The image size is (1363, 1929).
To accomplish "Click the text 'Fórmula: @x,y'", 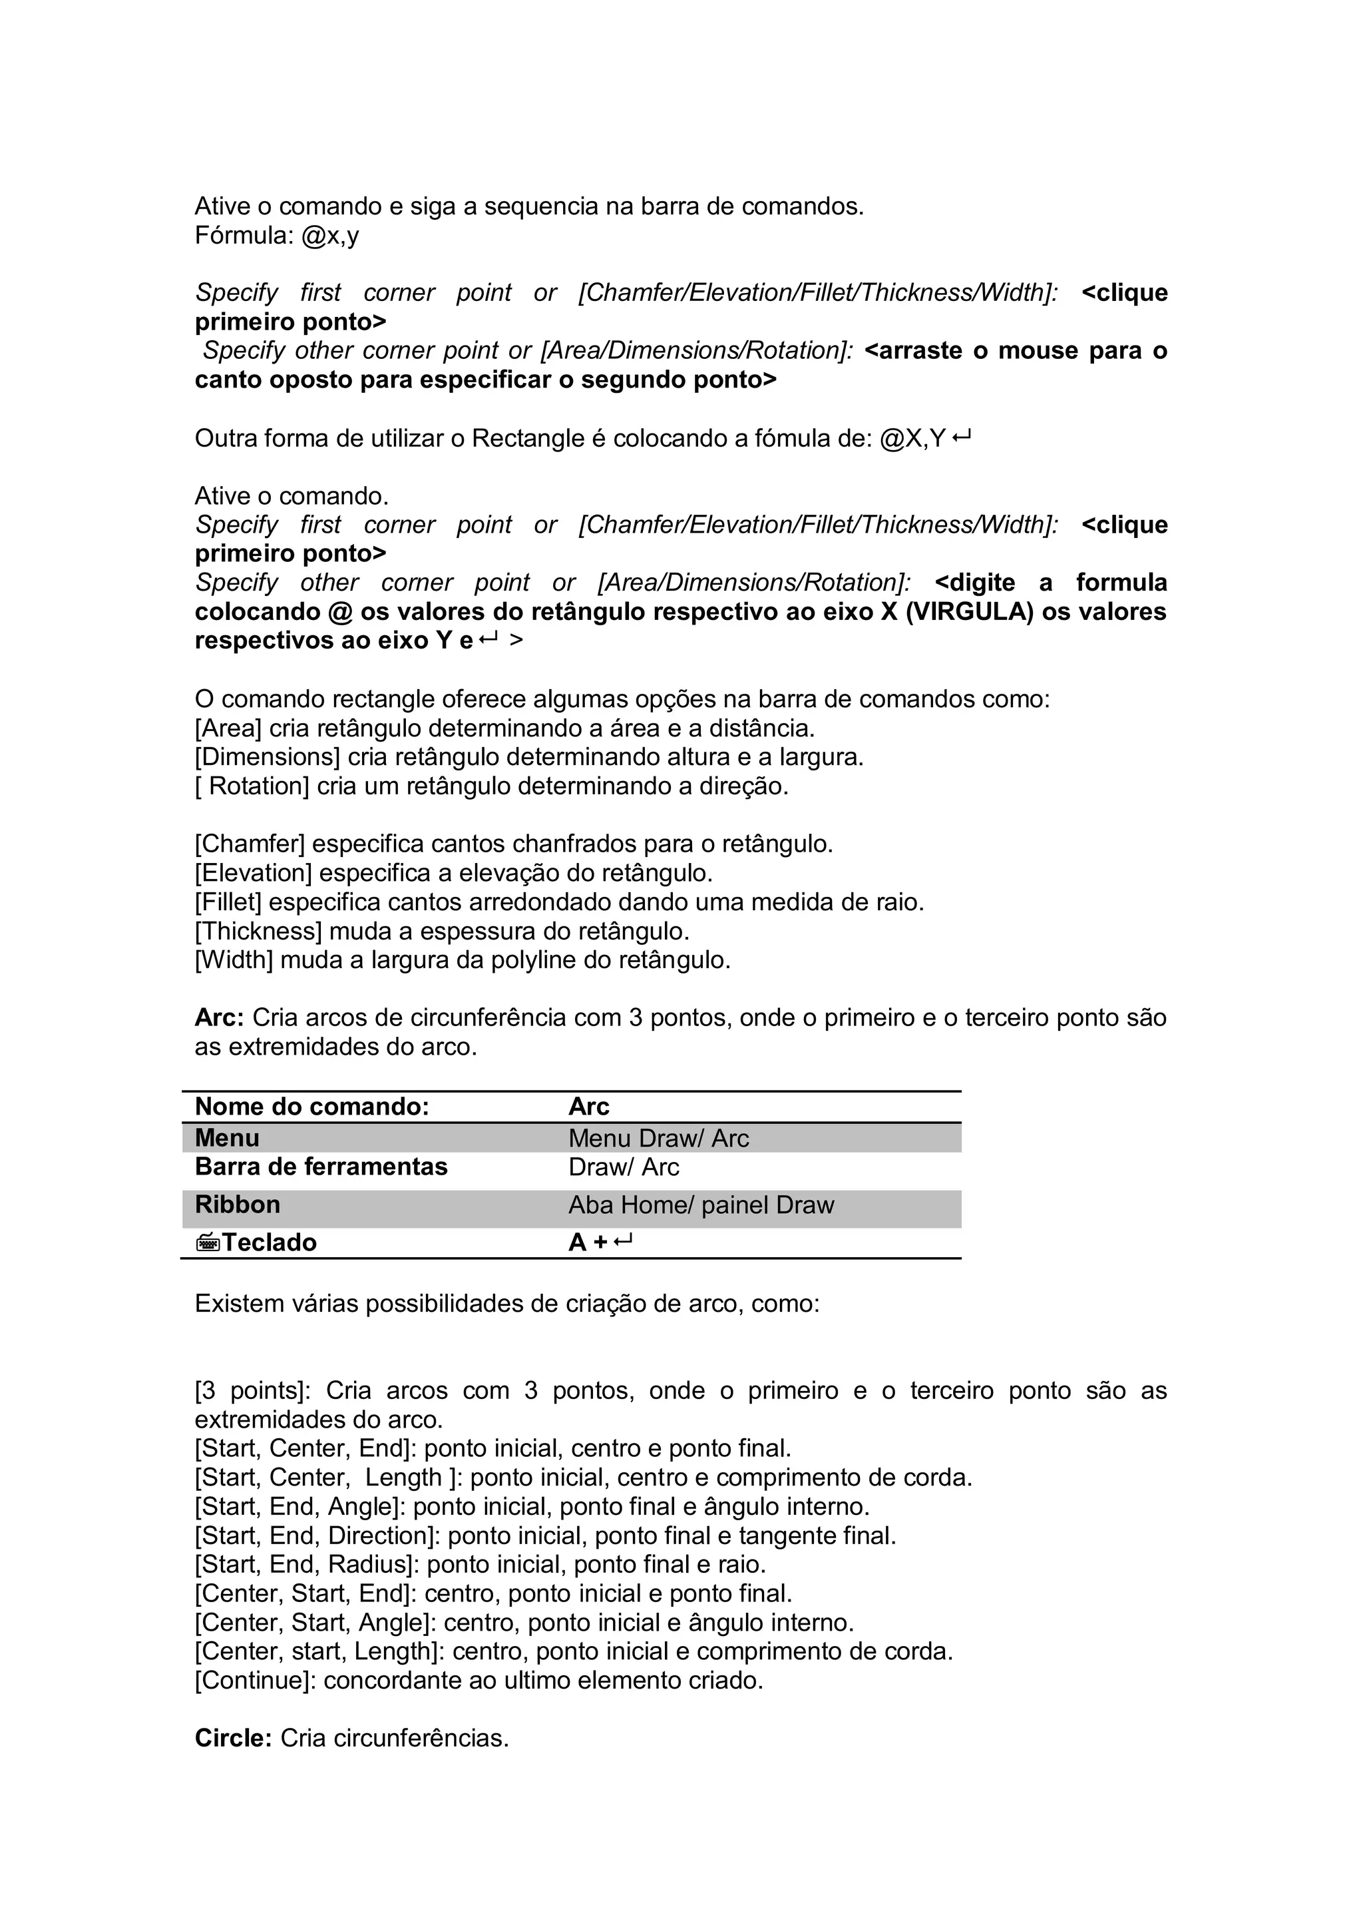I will click(276, 236).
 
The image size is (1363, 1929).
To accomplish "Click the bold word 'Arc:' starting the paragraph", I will click(219, 1017).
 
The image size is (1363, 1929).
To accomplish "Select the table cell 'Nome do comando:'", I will click(311, 1107).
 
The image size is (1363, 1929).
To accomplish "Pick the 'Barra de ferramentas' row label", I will click(321, 1167).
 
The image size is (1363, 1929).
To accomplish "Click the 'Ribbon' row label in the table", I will click(237, 1205).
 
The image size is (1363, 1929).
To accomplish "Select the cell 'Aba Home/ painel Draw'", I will click(701, 1205).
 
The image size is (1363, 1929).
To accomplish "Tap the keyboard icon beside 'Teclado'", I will click(208, 1242).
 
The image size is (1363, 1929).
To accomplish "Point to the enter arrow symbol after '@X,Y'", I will click(962, 437).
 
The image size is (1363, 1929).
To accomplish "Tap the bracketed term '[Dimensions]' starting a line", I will click(267, 757).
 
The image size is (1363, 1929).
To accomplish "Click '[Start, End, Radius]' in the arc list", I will click(307, 1564).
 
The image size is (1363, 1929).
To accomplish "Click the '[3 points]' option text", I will click(252, 1390).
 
